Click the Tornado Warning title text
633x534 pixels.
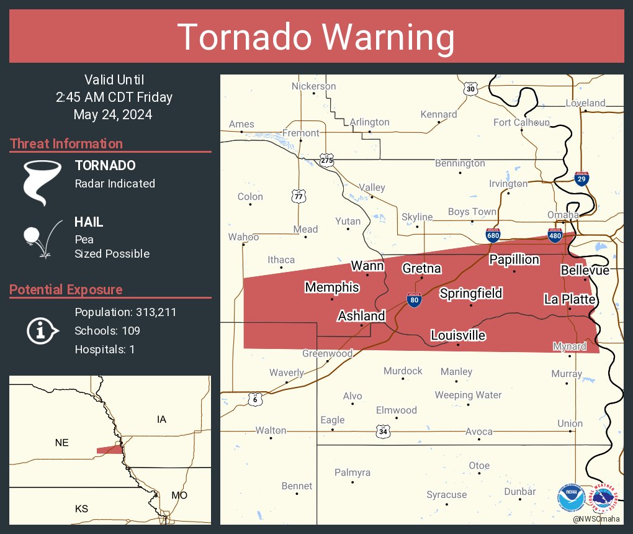click(x=316, y=37)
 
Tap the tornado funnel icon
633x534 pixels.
click(x=42, y=182)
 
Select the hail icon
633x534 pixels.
click(x=41, y=238)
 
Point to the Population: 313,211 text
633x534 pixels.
click(x=125, y=312)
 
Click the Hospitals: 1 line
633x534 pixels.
click(x=104, y=349)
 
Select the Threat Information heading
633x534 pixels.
click(x=66, y=143)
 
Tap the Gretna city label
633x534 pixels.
click(x=421, y=268)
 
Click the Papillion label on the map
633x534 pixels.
click(x=514, y=259)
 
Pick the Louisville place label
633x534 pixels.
click(x=458, y=335)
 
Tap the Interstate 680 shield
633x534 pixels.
click(x=493, y=235)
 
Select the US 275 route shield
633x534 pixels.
click(x=327, y=160)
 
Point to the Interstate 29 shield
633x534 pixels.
click(x=581, y=179)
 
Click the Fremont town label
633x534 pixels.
click(x=300, y=133)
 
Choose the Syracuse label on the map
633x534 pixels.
click(x=446, y=494)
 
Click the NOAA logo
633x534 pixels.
click(x=571, y=498)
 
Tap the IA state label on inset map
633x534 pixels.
click(x=161, y=420)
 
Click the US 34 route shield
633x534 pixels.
click(x=382, y=431)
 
